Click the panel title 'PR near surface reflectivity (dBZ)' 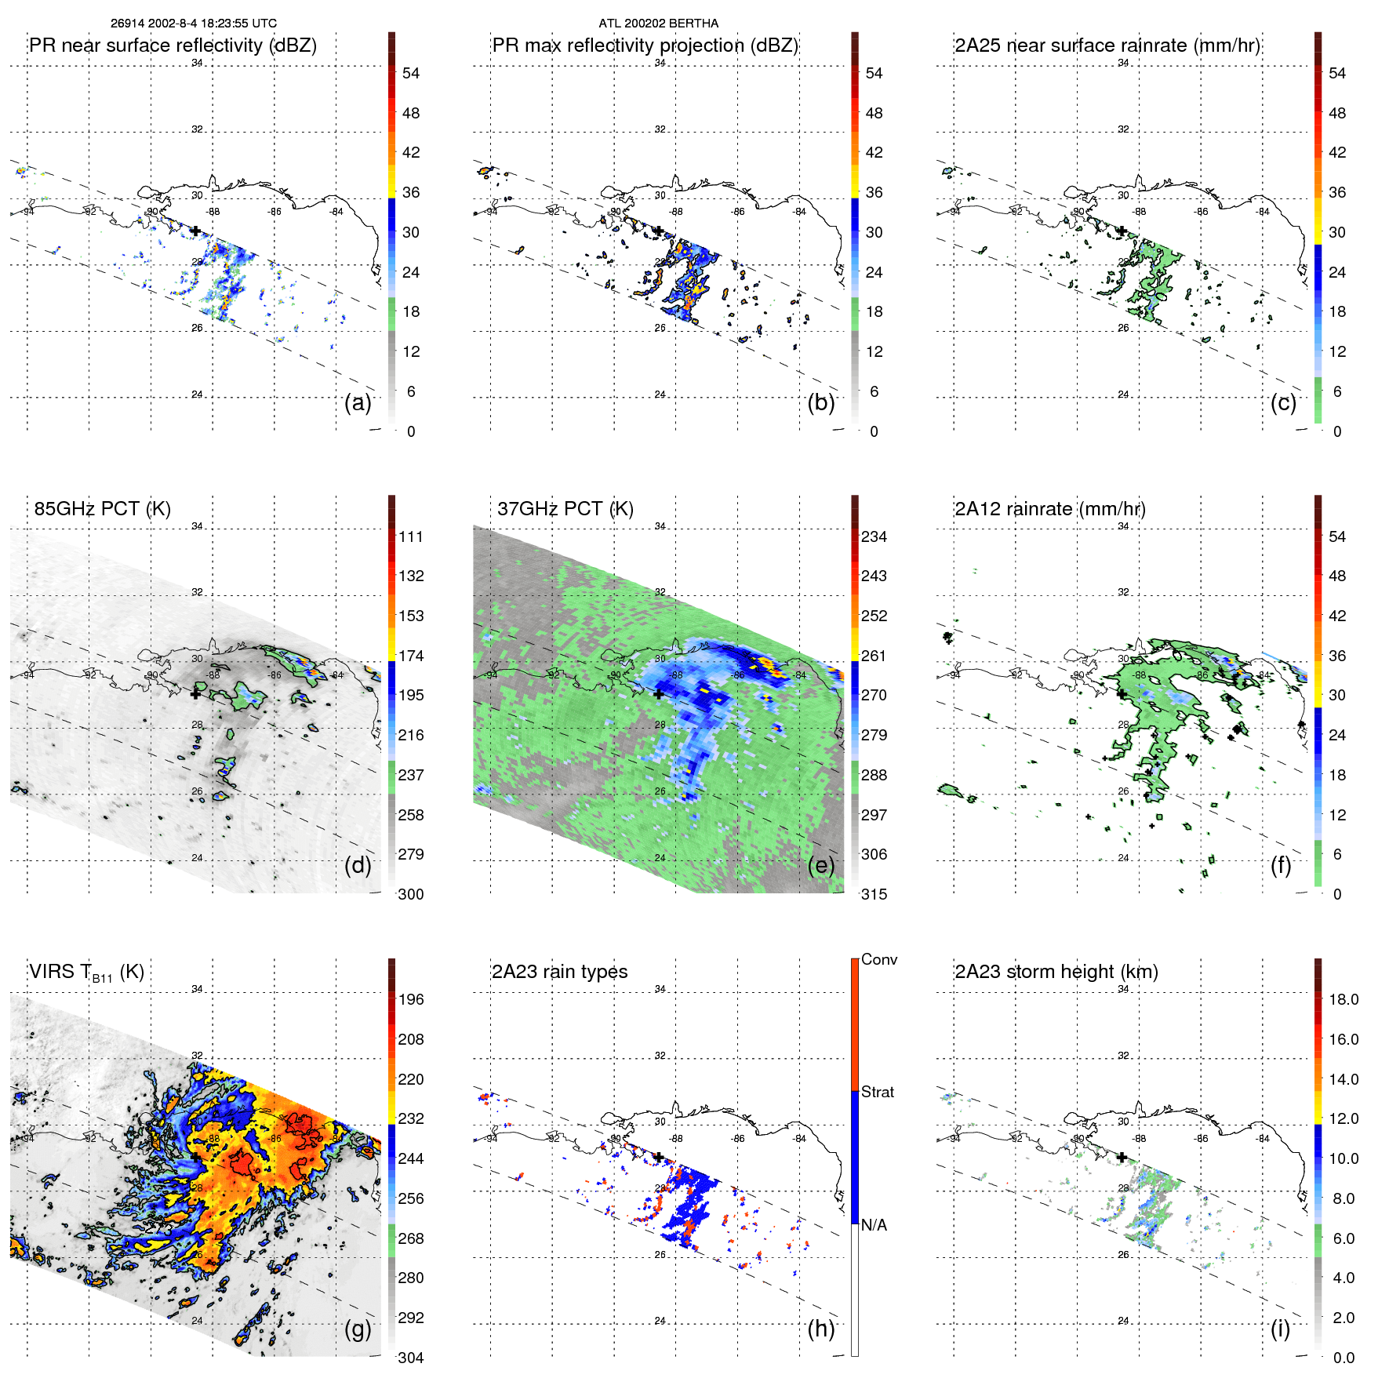point(173,45)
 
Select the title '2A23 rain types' point(559,972)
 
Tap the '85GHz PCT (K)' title point(102,509)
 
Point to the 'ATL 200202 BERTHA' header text point(658,24)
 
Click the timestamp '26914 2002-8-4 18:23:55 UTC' point(193,24)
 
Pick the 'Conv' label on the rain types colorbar point(878,959)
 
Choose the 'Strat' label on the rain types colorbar point(877,1092)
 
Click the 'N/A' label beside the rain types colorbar point(874,1225)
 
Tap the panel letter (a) point(358,402)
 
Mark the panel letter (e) point(820,865)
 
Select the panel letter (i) point(1280,1329)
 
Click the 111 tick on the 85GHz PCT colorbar point(411,536)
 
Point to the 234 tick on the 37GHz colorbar point(874,536)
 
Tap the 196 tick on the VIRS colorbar point(411,999)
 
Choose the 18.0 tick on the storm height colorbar point(1343,999)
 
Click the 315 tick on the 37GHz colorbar point(874,894)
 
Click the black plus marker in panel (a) point(195,231)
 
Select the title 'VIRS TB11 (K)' point(86,973)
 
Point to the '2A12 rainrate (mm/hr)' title point(1049,509)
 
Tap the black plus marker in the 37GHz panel point(658,694)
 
